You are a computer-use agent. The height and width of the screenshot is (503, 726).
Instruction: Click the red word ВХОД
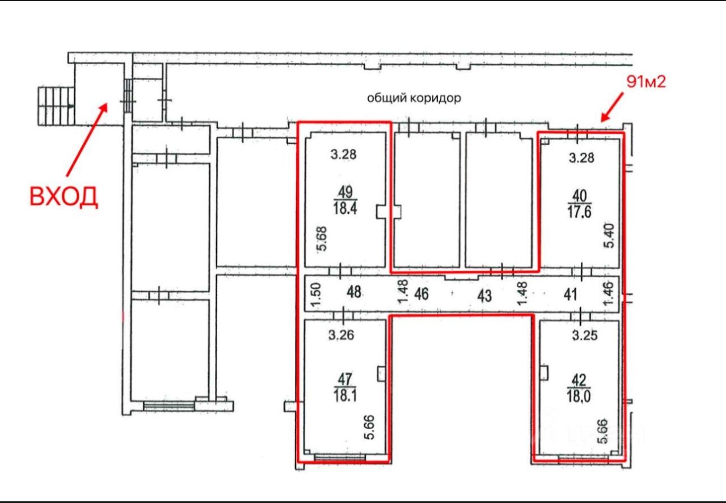(64, 197)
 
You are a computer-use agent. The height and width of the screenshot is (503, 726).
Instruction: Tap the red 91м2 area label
(646, 82)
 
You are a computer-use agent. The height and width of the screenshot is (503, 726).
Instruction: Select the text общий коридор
(414, 98)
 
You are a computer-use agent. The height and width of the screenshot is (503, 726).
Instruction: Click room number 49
(345, 192)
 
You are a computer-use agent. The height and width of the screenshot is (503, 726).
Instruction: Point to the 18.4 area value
(345, 208)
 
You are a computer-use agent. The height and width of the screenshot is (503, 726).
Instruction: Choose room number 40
(580, 196)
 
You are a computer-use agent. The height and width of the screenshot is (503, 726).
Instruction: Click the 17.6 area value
(579, 212)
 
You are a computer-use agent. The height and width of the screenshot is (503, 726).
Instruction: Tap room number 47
(345, 379)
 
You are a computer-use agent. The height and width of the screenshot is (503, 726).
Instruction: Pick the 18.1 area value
(345, 395)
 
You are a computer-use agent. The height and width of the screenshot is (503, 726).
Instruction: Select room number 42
(579, 380)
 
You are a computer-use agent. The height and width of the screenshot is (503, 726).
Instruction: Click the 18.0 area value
(579, 396)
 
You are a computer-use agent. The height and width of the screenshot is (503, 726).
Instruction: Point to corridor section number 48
(353, 292)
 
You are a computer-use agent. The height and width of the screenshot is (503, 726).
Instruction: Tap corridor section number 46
(421, 294)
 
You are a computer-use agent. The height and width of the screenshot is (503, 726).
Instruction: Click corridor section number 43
(484, 296)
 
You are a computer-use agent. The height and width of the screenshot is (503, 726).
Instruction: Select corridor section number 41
(571, 295)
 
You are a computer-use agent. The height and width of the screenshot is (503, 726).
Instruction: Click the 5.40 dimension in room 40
(609, 236)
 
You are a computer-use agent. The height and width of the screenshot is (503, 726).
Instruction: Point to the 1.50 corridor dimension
(316, 294)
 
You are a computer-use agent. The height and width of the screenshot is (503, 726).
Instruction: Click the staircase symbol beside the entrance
(56, 106)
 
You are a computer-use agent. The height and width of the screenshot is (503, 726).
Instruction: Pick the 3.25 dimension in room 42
(585, 336)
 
